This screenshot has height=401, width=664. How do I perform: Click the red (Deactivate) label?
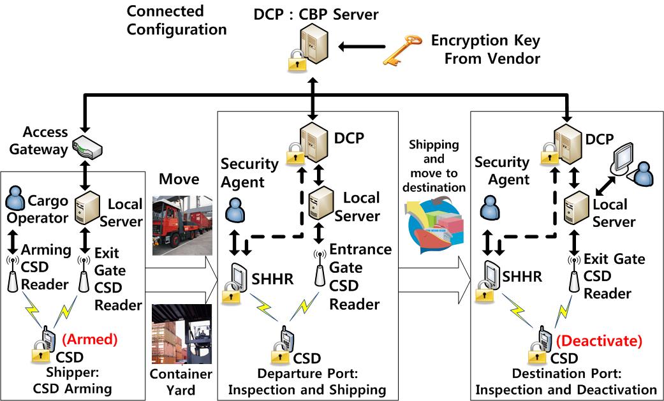[x=598, y=342]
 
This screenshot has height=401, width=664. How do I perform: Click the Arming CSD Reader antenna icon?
[x=12, y=274]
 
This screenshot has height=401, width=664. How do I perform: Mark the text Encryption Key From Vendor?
[x=485, y=50]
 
